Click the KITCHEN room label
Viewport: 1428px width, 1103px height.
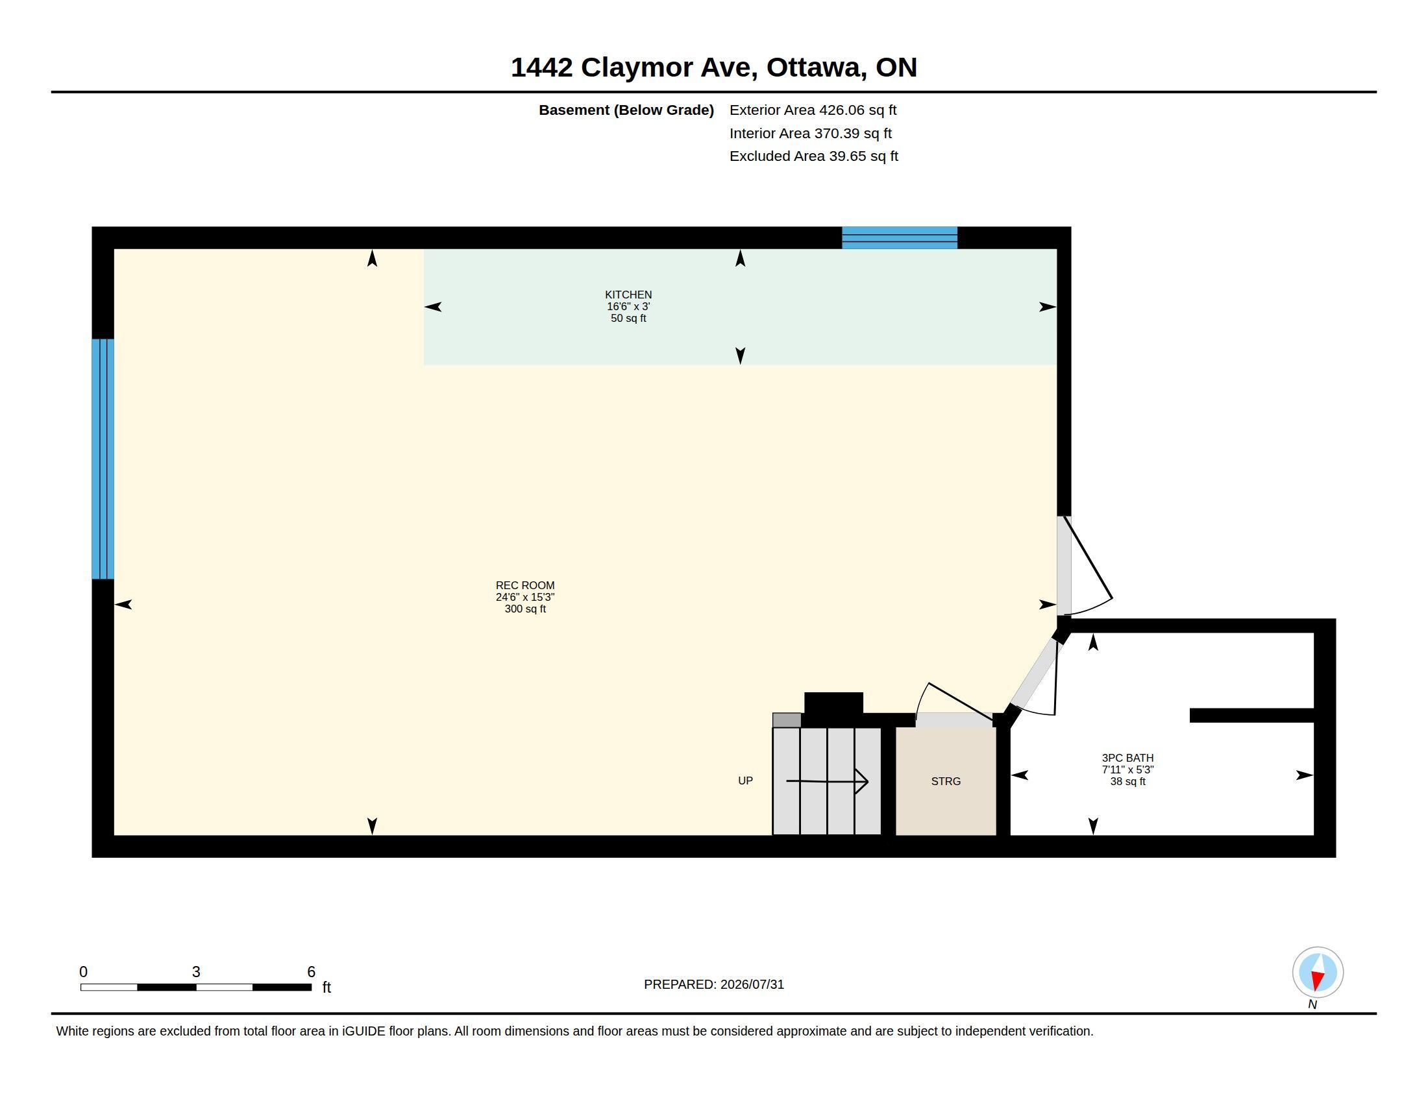628,295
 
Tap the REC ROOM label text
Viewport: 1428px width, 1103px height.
525,585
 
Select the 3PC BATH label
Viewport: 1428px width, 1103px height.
1127,758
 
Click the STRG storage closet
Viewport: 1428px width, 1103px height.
946,781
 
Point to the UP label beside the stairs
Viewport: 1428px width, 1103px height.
745,781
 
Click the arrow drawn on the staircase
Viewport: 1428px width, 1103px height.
827,781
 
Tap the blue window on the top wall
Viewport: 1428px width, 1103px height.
899,238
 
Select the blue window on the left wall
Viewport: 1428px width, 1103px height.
103,459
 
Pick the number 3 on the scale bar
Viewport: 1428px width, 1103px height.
196,972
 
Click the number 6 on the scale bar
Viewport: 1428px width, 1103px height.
311,972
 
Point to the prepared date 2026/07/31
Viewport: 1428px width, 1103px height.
752,984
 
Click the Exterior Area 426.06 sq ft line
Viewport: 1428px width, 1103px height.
813,110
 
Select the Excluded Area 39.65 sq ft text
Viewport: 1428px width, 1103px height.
813,156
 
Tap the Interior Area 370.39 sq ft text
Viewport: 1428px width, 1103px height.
810,133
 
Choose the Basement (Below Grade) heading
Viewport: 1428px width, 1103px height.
626,110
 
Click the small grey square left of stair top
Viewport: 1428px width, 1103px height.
787,720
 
